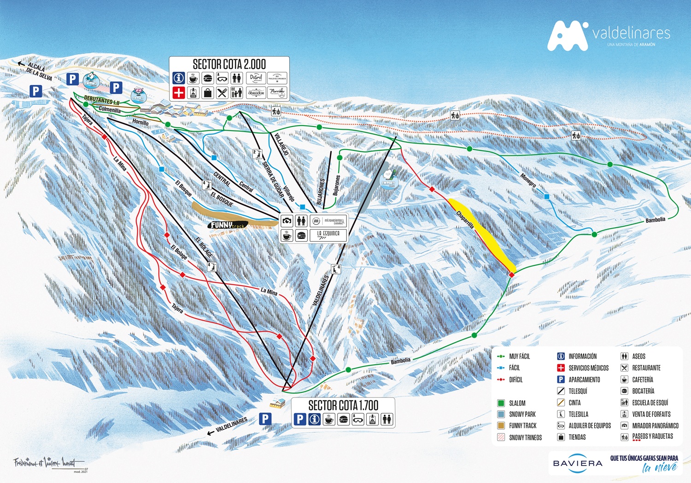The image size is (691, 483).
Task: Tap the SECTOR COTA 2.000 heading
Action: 229,64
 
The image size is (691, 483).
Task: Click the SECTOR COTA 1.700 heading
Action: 343,405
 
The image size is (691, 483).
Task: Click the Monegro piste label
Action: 528,179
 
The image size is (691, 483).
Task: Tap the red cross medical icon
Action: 179,92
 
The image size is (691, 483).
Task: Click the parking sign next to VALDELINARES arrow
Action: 265,419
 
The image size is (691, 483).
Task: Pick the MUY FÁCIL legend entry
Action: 519,356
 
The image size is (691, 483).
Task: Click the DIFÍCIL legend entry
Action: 515,379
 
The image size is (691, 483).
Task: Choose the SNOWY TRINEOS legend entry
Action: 525,437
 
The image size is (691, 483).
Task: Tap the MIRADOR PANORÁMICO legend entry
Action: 655,425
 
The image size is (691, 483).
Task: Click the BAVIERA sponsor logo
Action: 577,464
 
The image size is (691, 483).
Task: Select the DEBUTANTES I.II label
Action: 101,101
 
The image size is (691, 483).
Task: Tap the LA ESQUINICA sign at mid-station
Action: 328,234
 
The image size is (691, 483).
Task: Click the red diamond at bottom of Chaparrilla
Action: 511,275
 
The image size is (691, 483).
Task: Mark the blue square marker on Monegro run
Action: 547,196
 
